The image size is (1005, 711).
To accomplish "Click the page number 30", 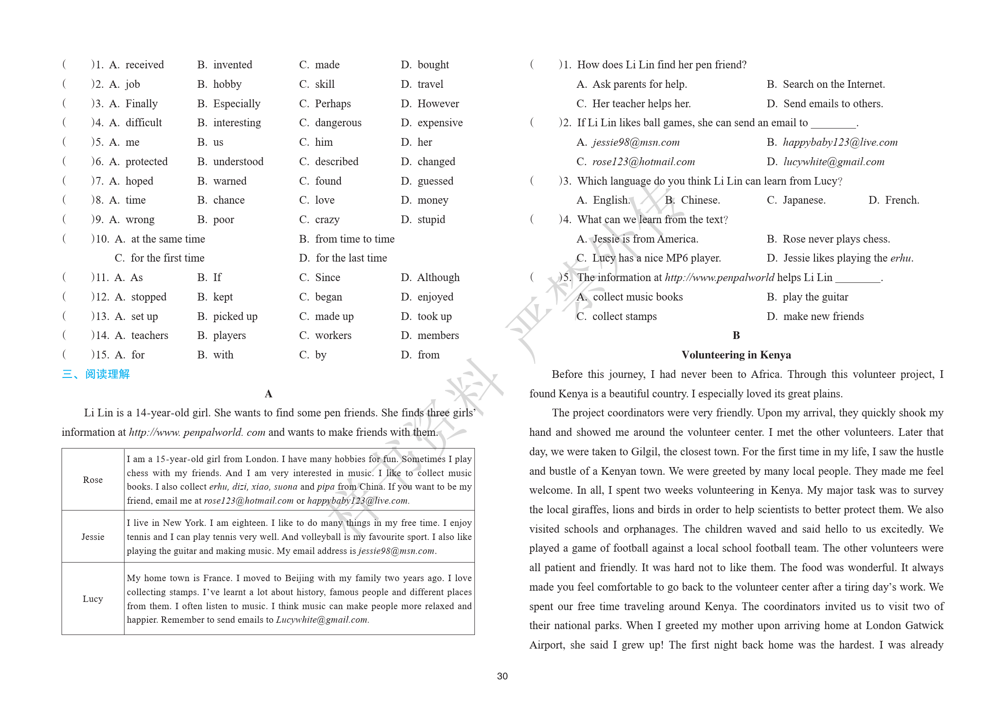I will coord(502,676).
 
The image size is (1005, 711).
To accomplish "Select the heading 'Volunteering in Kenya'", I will coord(736,355).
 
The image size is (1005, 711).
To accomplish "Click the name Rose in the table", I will coord(93,480).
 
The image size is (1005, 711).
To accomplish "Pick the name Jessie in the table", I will coord(93,537).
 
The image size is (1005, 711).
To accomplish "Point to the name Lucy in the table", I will coord(93,599).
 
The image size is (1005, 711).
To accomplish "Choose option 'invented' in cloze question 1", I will coord(233,65).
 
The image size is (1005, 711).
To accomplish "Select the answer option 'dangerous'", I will coord(338,123).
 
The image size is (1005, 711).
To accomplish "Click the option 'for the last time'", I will coord(351,258).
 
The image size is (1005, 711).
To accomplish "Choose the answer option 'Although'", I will coord(438,277).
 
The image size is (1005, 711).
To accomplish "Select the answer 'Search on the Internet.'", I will coord(833,84).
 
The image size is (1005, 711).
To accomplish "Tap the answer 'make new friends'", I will coord(823,316).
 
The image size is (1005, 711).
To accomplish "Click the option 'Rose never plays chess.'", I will coord(836,239).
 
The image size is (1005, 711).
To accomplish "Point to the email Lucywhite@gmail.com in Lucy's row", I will coord(322,620).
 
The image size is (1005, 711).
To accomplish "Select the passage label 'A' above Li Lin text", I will coord(268,394).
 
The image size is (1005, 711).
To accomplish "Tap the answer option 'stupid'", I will coord(431,220).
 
